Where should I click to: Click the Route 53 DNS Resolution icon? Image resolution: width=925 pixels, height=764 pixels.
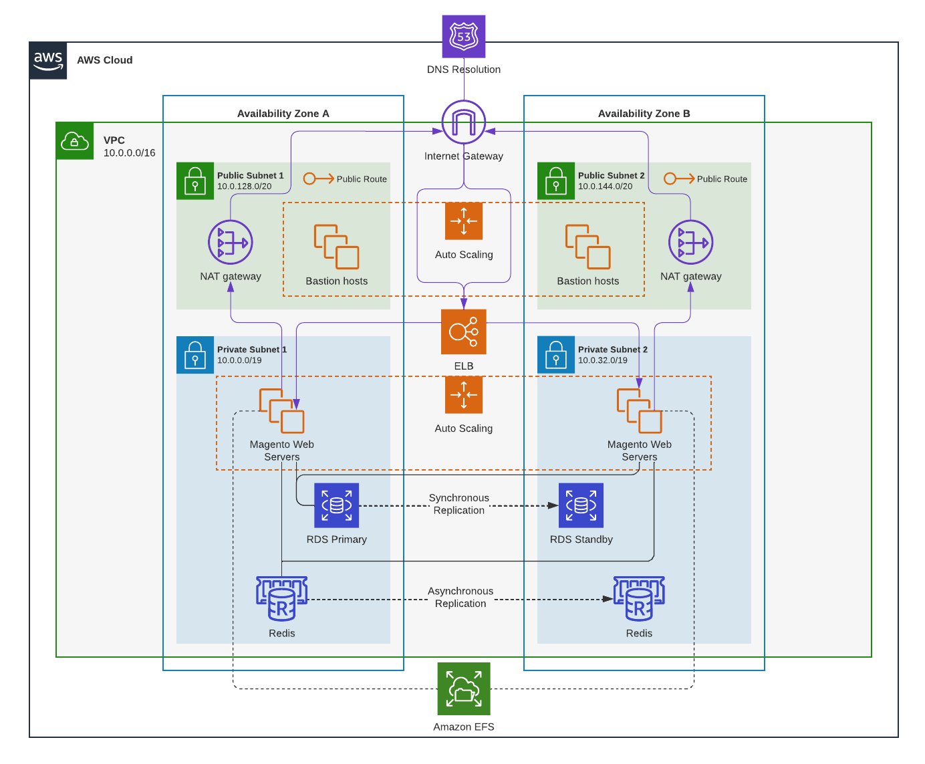pos(464,37)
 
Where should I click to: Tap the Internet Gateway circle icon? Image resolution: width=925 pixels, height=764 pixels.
pos(464,122)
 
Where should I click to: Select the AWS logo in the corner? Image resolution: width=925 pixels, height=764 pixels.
pos(48,60)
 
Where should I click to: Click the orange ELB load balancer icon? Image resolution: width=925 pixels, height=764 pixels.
pos(464,332)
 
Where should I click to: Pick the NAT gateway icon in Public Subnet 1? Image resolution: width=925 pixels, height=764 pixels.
pos(231,242)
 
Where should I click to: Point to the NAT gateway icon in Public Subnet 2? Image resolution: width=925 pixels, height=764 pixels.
pos(690,242)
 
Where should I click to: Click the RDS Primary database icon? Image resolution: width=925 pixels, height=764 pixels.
pos(337,505)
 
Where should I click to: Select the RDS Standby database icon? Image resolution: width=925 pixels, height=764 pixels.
pos(581,505)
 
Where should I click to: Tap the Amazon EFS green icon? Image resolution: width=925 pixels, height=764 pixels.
pos(464,688)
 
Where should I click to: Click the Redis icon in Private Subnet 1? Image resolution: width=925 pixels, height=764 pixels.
pos(281,599)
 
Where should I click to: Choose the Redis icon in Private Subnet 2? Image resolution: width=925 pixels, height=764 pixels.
pos(639,599)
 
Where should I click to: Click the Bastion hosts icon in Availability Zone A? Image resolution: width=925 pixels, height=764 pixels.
pos(336,247)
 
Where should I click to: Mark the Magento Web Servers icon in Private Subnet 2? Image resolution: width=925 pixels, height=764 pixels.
pos(639,411)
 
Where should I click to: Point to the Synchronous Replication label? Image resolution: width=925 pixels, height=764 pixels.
pos(459,504)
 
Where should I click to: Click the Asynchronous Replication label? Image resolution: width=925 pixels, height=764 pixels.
pos(460,597)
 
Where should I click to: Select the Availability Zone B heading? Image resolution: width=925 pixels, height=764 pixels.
pos(644,114)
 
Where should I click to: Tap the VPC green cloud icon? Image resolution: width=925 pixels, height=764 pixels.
pos(75,141)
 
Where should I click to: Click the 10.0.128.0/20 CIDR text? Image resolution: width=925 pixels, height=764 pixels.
pos(244,186)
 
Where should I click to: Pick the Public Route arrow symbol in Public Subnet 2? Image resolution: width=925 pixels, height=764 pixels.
pos(679,178)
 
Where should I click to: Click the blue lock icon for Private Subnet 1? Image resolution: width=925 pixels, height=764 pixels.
pos(195,355)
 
